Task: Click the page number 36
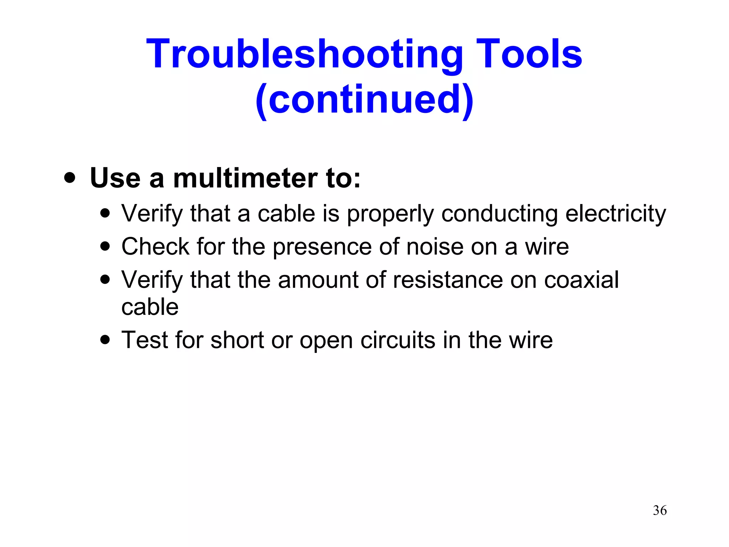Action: pos(660,510)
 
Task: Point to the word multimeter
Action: pos(245,178)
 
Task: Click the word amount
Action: pos(318,280)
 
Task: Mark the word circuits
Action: pos(398,340)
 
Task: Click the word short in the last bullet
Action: pos(237,340)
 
